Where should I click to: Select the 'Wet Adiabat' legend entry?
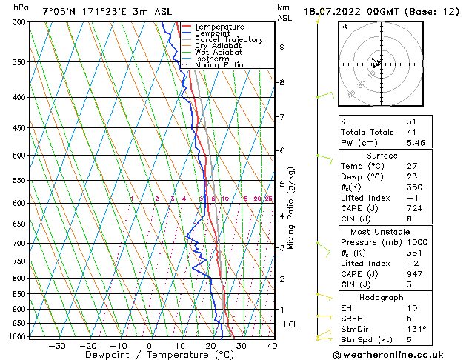coord(218,52)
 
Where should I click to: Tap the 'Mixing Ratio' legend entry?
coord(219,65)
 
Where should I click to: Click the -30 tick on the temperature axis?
coord(57,345)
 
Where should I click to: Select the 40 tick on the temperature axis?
coord(272,345)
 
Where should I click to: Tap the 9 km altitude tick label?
coord(282,47)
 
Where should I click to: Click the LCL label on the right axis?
coord(291,324)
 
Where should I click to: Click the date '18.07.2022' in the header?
coord(331,11)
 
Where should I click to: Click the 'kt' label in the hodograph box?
coord(345,27)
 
